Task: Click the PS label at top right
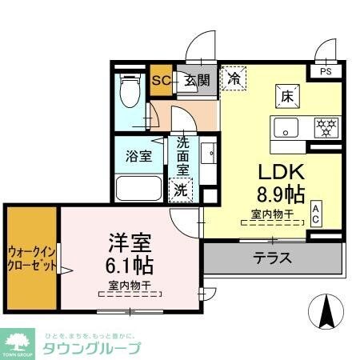click(x=326, y=71)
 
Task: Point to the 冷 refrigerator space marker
click(x=234, y=78)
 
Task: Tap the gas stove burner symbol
click(x=325, y=126)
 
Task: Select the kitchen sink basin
click(x=285, y=126)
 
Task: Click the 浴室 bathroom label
click(x=138, y=155)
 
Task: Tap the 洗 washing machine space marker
click(x=181, y=190)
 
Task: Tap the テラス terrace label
click(x=272, y=258)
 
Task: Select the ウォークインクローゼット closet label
click(x=32, y=258)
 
